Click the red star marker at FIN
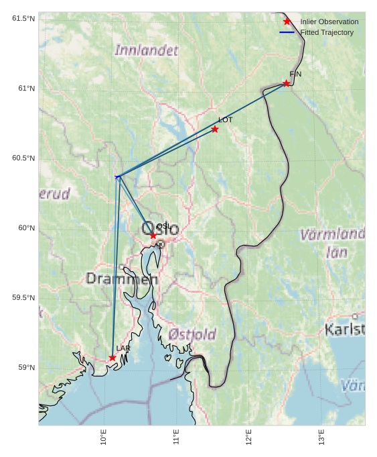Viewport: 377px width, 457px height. click(x=286, y=83)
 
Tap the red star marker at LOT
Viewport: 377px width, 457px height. click(x=214, y=129)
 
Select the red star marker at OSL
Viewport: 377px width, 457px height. click(x=153, y=236)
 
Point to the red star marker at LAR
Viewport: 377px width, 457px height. click(x=112, y=358)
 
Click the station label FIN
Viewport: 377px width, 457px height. click(x=295, y=74)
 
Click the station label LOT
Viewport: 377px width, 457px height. click(x=225, y=119)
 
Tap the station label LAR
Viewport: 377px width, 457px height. click(x=123, y=348)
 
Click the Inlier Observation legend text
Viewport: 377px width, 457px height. click(x=329, y=21)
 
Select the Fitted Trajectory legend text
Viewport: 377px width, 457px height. click(x=327, y=32)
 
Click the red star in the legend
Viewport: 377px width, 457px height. click(x=287, y=21)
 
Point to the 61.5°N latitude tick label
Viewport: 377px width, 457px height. click(x=23, y=18)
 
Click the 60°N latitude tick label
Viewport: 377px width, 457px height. click(x=26, y=227)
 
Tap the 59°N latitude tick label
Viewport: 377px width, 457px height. click(x=26, y=367)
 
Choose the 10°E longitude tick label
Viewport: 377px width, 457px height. click(x=104, y=437)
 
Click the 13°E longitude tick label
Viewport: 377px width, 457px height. click(x=321, y=437)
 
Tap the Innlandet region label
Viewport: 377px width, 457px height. click(x=147, y=50)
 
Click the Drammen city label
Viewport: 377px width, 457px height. click(x=122, y=278)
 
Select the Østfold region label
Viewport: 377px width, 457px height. click(x=192, y=334)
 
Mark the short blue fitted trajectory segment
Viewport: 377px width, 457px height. click(x=118, y=176)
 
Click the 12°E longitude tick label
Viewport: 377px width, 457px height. click(x=249, y=437)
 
